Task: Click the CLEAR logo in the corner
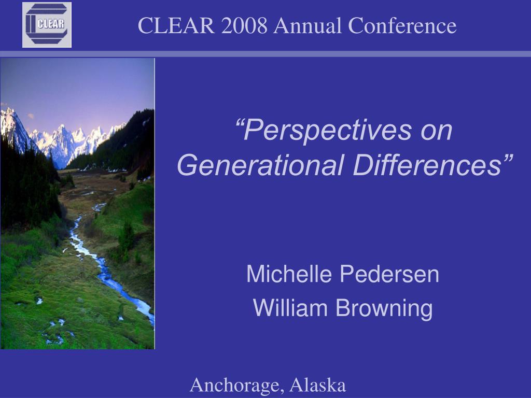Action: click(47, 25)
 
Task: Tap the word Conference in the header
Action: click(402, 25)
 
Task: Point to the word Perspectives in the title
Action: click(329, 132)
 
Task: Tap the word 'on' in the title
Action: click(437, 132)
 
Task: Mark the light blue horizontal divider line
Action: click(265, 54)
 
